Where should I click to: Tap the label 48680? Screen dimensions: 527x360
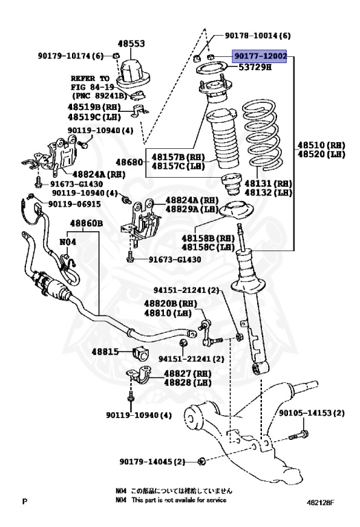pos(130,162)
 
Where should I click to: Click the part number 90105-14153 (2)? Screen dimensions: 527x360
pos(311,413)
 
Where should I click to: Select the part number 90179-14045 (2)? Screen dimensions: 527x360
pos(154,461)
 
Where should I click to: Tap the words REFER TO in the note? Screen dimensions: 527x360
pos(88,78)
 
